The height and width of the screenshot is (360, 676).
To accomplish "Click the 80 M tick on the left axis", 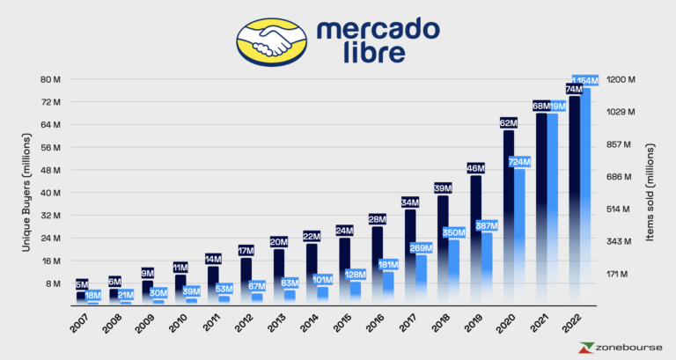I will (50, 79).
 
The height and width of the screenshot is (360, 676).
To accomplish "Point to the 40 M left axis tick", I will (50, 193).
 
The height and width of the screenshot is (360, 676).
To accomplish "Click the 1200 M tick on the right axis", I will (621, 79).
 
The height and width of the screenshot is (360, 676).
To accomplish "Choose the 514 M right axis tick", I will (621, 209).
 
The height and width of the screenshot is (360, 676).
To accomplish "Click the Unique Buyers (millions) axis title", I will (27, 192).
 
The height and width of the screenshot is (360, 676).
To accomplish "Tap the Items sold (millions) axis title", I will (652, 192).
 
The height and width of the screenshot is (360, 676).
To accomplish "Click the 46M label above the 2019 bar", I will (475, 168).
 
